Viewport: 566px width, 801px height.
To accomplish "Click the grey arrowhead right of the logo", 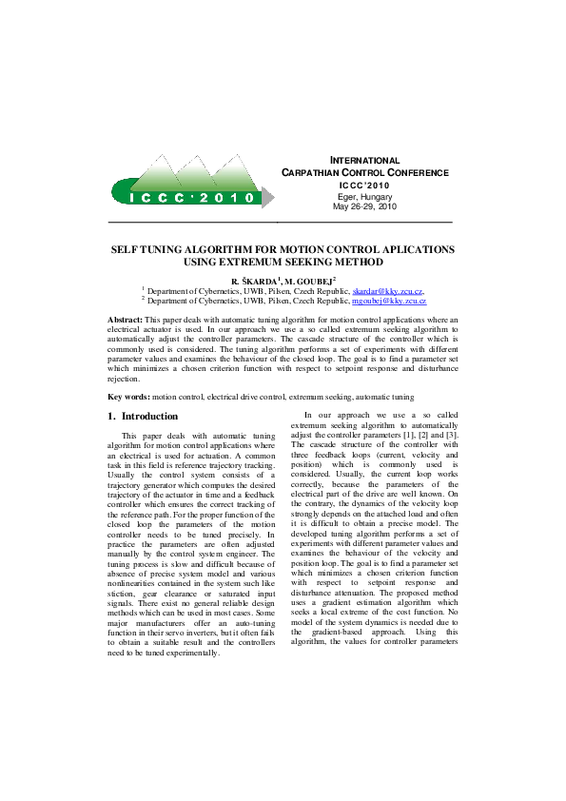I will [x=268, y=198].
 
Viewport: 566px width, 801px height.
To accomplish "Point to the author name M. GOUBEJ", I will [x=309, y=281].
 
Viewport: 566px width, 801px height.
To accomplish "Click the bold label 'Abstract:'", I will [x=126, y=320].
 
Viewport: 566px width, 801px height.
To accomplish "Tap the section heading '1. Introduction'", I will [x=143, y=417].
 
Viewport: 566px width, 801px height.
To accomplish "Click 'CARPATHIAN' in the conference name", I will [x=320, y=173].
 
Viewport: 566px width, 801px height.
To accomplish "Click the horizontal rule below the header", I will [x=281, y=222].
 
